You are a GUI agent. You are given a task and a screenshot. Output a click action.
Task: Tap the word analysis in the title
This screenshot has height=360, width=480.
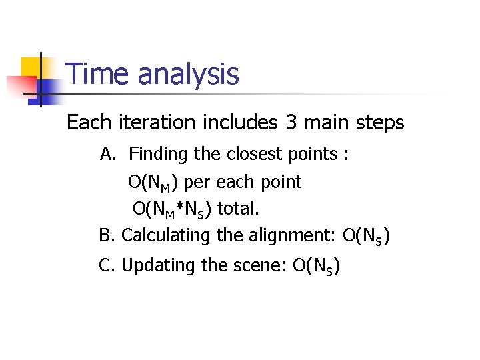(x=188, y=75)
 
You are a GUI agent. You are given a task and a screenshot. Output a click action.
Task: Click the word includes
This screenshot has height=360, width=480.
(x=235, y=123)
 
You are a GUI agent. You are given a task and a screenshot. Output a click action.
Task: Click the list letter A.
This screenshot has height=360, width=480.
(x=107, y=155)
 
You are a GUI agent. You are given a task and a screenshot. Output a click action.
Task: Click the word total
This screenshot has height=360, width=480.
(x=238, y=209)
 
